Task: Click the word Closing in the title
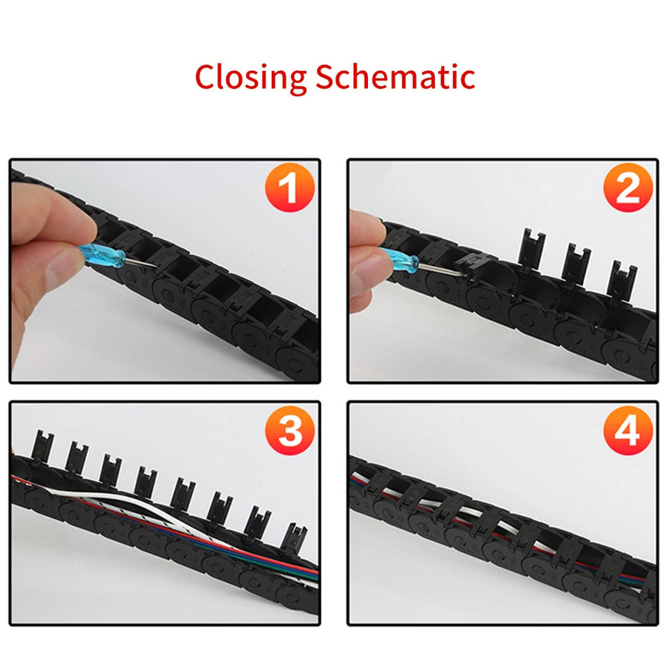[250, 77]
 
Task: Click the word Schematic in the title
[396, 76]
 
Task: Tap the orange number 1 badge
[290, 187]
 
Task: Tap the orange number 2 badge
[628, 187]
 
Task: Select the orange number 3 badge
[290, 430]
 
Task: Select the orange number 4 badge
[628, 430]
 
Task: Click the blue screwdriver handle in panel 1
[102, 255]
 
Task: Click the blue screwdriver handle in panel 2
[399, 261]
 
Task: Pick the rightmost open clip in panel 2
[623, 279]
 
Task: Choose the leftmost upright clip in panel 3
[43, 447]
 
